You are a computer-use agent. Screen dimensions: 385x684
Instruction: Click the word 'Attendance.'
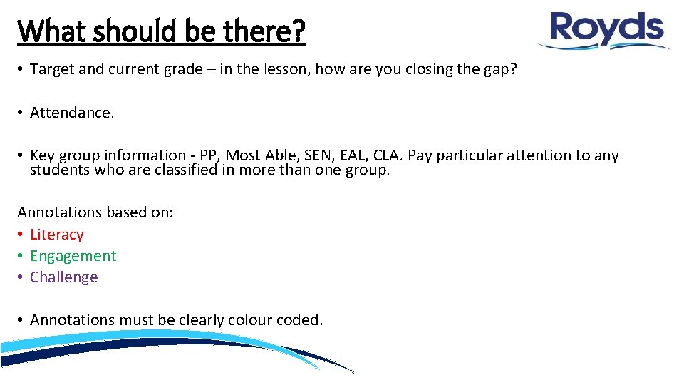pos(72,112)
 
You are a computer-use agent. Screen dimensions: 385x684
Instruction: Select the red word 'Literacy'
pos(57,235)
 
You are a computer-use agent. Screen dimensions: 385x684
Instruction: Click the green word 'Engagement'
pos(73,256)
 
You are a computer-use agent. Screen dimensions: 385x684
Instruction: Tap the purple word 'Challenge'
pos(64,277)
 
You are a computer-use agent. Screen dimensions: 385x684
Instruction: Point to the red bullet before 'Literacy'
pos(21,235)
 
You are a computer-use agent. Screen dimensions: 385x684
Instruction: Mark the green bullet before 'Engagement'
pos(21,256)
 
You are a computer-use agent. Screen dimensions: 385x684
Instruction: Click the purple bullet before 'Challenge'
pos(21,277)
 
